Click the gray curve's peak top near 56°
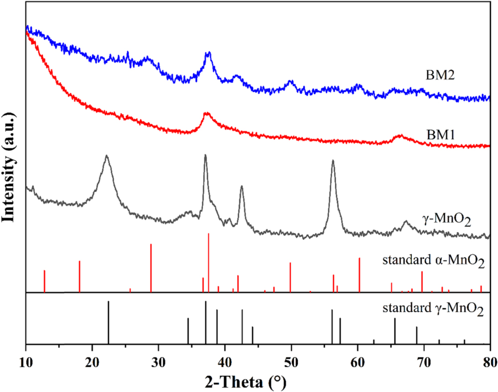(x=333, y=161)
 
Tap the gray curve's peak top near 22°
(x=106, y=156)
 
